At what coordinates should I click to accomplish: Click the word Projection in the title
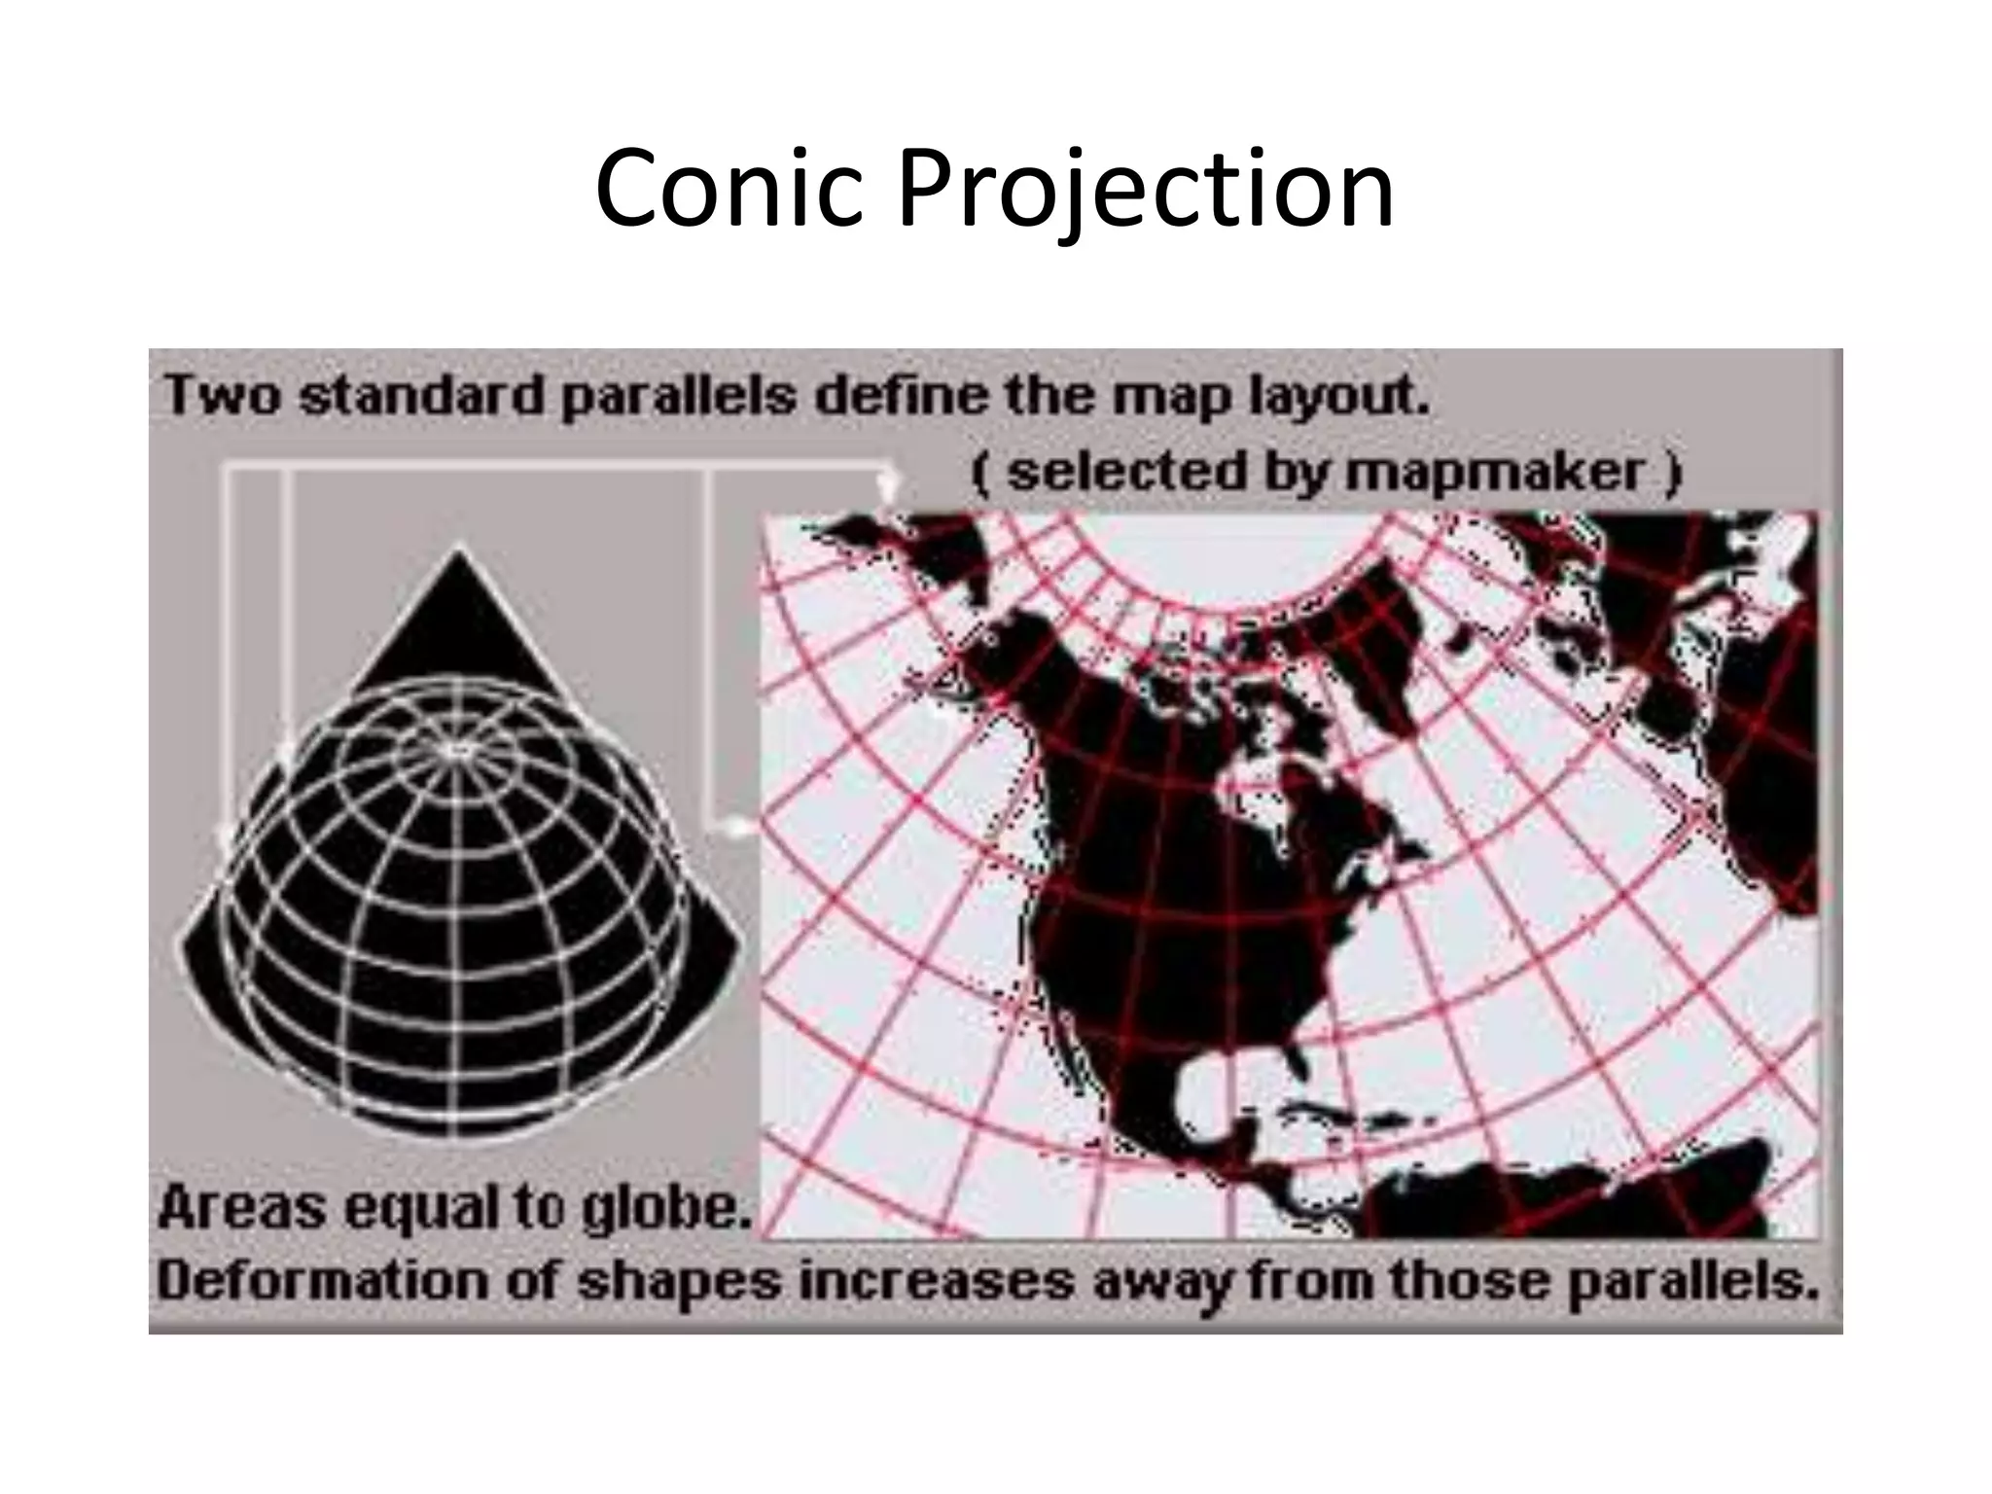pos(1145,190)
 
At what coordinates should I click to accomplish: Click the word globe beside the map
pos(667,1208)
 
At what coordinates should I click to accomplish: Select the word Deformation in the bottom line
pos(322,1281)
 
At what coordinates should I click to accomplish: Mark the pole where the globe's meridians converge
pos(459,750)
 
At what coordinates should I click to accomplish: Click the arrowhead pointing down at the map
pos(886,486)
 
